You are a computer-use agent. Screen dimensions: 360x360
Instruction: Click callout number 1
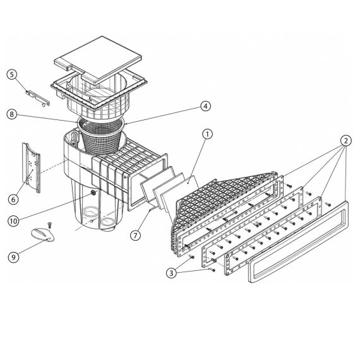point(207,134)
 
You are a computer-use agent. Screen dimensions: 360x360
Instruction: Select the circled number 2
point(345,141)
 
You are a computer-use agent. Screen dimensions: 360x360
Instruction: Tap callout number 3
point(171,273)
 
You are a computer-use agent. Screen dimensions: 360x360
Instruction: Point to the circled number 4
point(205,106)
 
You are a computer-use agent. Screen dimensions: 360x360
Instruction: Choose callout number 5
point(12,75)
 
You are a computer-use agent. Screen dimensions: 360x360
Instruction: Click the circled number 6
point(13,200)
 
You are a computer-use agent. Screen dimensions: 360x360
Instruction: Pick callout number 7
point(135,235)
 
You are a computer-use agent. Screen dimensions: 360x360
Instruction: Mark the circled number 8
point(12,114)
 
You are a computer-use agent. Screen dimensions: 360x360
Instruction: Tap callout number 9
point(13,257)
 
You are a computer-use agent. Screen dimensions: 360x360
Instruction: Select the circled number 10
point(13,221)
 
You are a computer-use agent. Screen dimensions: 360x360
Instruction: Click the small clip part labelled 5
point(37,98)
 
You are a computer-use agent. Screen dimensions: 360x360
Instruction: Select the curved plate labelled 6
point(31,167)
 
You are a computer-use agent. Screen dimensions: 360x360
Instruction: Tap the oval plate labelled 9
point(43,235)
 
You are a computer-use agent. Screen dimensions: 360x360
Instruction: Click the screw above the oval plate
point(49,225)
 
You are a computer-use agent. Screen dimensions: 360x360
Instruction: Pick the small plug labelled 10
point(93,193)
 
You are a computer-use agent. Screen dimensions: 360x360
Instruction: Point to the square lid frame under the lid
point(99,91)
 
